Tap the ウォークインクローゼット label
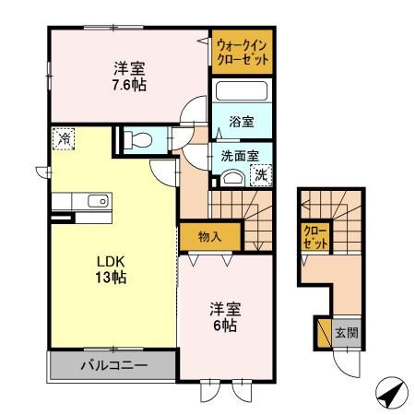[243, 51]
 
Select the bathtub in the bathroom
[241, 93]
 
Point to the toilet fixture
[139, 140]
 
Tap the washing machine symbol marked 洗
[261, 173]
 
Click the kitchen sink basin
[95, 200]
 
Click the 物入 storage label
[210, 236]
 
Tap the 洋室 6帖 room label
[226, 318]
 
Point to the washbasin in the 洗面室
[235, 177]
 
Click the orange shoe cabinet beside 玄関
[322, 333]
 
